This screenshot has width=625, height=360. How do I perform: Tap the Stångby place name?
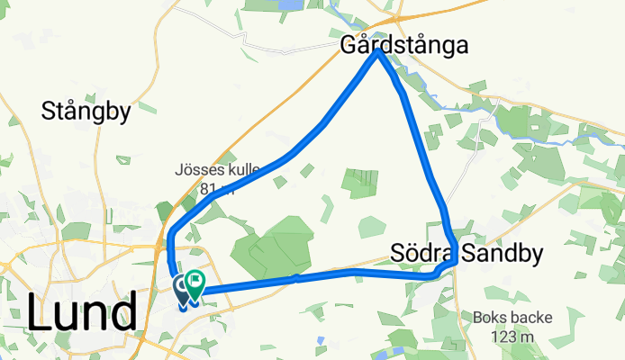point(86,112)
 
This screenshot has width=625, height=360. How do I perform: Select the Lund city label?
point(82,312)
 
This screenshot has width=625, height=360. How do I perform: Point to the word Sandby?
point(500,254)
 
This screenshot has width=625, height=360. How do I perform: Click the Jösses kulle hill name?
point(217,169)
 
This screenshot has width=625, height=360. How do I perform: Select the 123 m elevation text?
point(507,337)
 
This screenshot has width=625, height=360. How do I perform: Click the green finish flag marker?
point(194,283)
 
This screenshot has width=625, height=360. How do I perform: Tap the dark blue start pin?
point(182,288)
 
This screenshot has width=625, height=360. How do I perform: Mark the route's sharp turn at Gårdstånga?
point(380,51)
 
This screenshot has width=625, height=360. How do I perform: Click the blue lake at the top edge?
point(291,4)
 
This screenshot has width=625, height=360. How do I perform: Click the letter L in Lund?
point(40,312)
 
